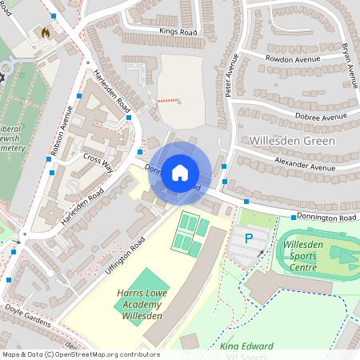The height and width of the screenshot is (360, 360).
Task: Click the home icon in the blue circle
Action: (x=180, y=172)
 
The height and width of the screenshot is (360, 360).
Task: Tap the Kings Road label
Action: (x=178, y=32)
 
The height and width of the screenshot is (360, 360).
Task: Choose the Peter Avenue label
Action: (x=233, y=76)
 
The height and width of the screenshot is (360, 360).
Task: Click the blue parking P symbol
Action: (x=249, y=238)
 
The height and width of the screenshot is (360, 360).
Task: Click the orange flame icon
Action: (x=45, y=34)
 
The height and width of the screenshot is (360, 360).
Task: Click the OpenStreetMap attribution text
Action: (x=80, y=354)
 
